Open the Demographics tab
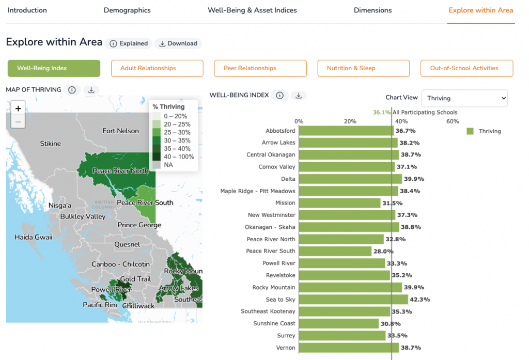[x=127, y=10]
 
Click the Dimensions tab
[x=372, y=10]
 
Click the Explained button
[x=129, y=43]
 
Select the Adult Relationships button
[x=157, y=68]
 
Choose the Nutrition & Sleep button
[x=363, y=68]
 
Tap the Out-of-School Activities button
[x=466, y=68]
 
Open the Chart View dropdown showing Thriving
[x=464, y=98]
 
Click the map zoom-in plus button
[x=18, y=108]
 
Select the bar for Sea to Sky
[x=353, y=299]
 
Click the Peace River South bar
[x=335, y=251]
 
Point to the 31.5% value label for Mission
[x=393, y=203]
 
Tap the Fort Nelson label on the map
[x=120, y=131]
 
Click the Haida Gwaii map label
[x=34, y=237]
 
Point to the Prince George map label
[x=139, y=225]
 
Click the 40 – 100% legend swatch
[x=156, y=156]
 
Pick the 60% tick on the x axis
[x=453, y=121]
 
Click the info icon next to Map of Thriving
[x=72, y=90]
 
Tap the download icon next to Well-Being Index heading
[x=299, y=96]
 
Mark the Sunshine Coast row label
[x=274, y=323]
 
